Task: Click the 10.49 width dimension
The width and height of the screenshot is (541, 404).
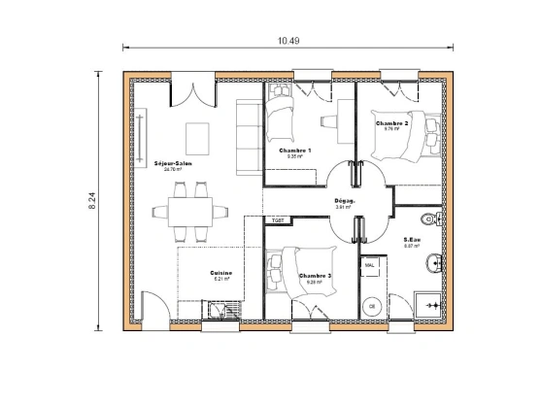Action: click(x=287, y=41)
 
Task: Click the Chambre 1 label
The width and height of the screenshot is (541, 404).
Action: click(x=294, y=151)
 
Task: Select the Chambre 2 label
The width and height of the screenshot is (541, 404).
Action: click(x=391, y=123)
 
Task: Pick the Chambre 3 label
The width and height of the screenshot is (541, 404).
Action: click(x=315, y=275)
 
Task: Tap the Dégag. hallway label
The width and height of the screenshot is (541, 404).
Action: click(x=344, y=201)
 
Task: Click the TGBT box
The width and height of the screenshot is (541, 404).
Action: click(x=278, y=220)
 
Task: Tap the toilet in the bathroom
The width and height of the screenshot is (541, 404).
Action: click(x=430, y=215)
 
